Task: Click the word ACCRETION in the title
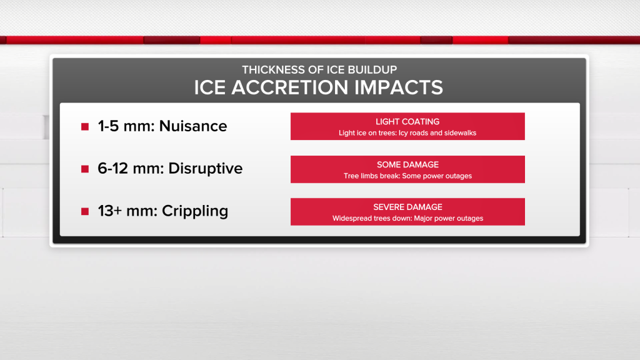(289, 87)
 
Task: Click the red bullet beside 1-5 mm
(85, 126)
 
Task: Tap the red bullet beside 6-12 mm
(85, 169)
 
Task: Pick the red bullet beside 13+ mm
(85, 211)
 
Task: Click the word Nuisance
(193, 126)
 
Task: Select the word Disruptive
(205, 169)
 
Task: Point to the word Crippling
(195, 211)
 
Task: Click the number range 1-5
(108, 126)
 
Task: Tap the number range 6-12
(113, 169)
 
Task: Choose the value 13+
(110, 211)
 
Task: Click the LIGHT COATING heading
(407, 122)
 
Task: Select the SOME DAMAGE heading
(407, 164)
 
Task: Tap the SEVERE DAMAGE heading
(407, 207)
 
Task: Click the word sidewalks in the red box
(461, 133)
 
